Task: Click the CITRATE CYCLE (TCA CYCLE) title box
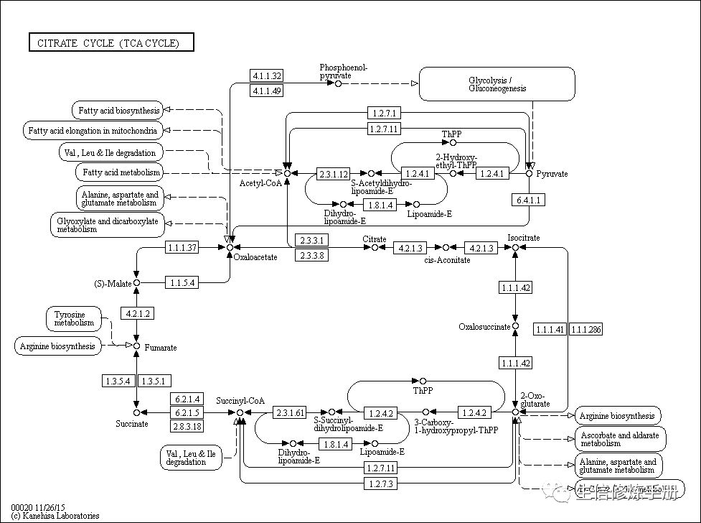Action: point(111,43)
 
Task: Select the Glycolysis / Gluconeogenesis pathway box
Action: point(497,84)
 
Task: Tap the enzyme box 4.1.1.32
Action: point(266,75)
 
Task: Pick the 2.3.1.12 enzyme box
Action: point(334,174)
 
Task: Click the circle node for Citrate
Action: point(374,248)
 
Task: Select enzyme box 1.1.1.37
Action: point(182,248)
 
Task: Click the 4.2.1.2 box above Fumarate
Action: point(137,314)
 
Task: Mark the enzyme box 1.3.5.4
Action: point(117,381)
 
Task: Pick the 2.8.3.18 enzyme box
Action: point(187,426)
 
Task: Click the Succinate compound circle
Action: point(136,413)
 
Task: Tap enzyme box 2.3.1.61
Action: point(290,412)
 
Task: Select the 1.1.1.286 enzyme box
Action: point(586,330)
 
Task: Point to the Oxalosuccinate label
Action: point(484,327)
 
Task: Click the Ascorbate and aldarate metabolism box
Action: point(621,439)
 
